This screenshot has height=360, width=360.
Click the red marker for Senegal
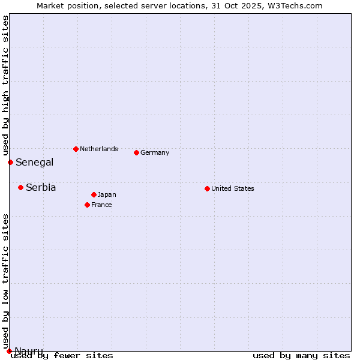[x=10, y=162]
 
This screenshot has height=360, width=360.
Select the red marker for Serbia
[x=20, y=187]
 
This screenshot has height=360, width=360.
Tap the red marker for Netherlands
[x=76, y=149]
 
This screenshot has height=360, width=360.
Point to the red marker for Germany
[x=136, y=152]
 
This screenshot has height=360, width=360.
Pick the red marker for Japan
[x=94, y=194]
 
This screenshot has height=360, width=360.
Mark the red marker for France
[x=87, y=205]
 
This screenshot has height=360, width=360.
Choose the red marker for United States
[x=207, y=188]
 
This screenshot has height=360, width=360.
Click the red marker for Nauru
[x=9, y=351]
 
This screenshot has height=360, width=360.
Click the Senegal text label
[x=34, y=162]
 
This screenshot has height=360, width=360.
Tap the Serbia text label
[x=41, y=187]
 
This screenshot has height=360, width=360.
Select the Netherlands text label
[x=99, y=149]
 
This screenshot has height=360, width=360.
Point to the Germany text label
[x=155, y=152]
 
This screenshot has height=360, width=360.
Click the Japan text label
[x=107, y=194]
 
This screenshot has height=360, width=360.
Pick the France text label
[x=101, y=205]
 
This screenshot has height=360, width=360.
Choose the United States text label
[x=233, y=188]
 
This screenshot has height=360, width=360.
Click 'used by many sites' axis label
[x=301, y=356]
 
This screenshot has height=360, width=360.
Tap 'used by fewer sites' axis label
[x=62, y=356]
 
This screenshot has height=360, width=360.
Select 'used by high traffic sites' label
[x=5, y=85]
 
